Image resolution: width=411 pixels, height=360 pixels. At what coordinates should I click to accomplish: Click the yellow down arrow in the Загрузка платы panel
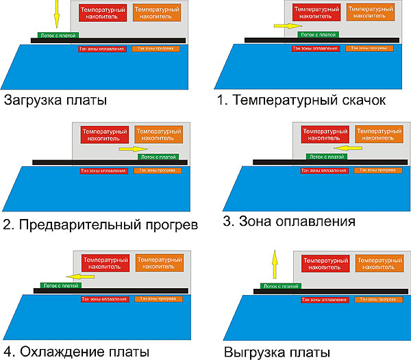click(58, 14)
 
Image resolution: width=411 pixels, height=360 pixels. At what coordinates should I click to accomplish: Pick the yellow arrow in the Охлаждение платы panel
click(85, 277)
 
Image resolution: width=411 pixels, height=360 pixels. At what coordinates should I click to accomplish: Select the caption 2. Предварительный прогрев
click(100, 224)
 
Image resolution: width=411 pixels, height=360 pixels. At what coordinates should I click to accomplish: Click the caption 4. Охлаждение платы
click(76, 352)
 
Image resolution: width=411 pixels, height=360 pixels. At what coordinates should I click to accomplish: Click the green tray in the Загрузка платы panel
click(58, 35)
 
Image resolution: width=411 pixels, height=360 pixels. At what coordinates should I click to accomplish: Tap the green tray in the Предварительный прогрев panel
click(158, 157)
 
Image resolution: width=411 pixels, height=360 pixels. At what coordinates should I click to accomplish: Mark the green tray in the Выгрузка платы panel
click(279, 285)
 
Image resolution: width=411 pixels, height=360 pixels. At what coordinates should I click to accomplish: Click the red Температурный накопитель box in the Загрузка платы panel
click(103, 16)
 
